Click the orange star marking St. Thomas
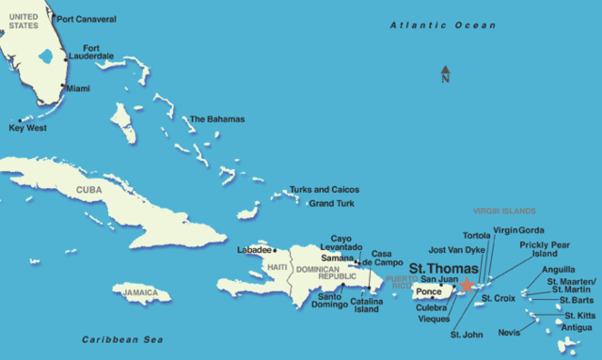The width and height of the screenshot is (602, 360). coord(467,283)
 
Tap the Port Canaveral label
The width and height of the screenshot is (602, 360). coord(88,19)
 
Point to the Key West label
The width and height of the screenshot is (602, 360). coord(28,128)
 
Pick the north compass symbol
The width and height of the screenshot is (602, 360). coord(445,72)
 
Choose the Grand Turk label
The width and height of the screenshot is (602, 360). coord(332,203)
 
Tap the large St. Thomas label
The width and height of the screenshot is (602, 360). coord(443,268)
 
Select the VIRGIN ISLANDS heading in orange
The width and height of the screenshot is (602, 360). coord(504,211)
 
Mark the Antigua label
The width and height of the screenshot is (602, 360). coord(577,328)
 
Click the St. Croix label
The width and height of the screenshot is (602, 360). coord(498,298)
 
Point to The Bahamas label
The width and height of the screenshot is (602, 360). coord(216,119)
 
